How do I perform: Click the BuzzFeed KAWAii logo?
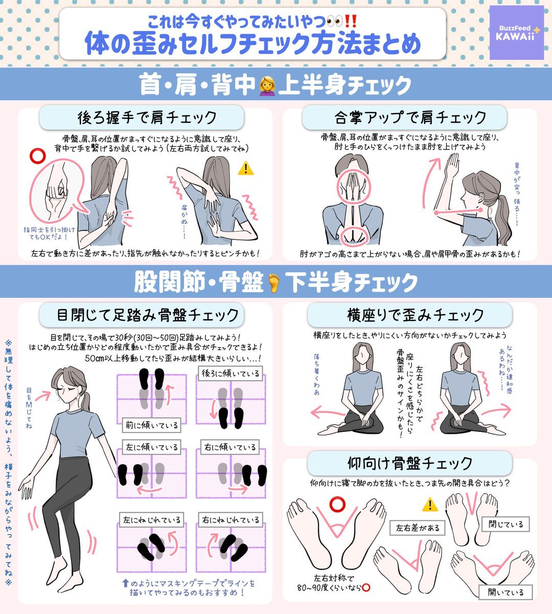coord(517,32)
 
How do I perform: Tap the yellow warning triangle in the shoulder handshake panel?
coord(245,169)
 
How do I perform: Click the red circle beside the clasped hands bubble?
coord(37,156)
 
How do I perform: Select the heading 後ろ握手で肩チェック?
coord(147,118)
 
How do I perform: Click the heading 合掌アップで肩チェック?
coord(410,118)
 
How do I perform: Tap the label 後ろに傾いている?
coord(231,374)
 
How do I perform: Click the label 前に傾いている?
coord(152,425)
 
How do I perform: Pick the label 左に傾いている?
coord(152,448)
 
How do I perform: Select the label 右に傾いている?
coord(230,448)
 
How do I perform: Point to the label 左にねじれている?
coord(152,520)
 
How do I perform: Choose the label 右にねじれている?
coord(231,520)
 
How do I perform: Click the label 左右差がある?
coord(418,528)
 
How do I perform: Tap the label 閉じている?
coord(505,524)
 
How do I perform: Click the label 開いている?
coord(505,593)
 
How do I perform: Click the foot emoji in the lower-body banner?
coord(274,282)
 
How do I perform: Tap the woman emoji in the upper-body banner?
coord(267,85)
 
